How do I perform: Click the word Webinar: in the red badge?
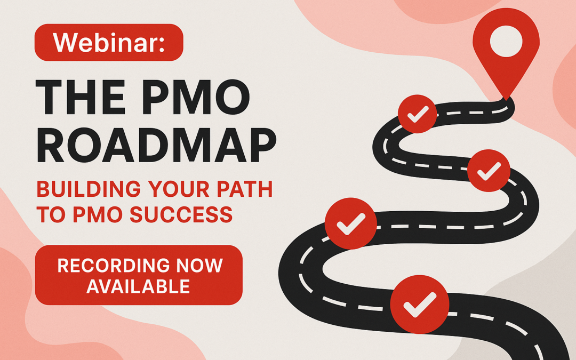109,43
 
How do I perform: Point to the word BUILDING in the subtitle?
89,189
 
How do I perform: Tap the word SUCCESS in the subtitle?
181,214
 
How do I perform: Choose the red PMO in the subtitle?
98,214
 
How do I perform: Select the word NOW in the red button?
199,265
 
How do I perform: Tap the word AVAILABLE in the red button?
138,286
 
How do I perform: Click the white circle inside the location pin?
506,41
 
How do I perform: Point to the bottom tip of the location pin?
506,100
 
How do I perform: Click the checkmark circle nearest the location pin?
418,114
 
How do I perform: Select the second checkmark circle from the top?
489,171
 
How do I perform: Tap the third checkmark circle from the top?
351,223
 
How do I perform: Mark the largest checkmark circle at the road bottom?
420,305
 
